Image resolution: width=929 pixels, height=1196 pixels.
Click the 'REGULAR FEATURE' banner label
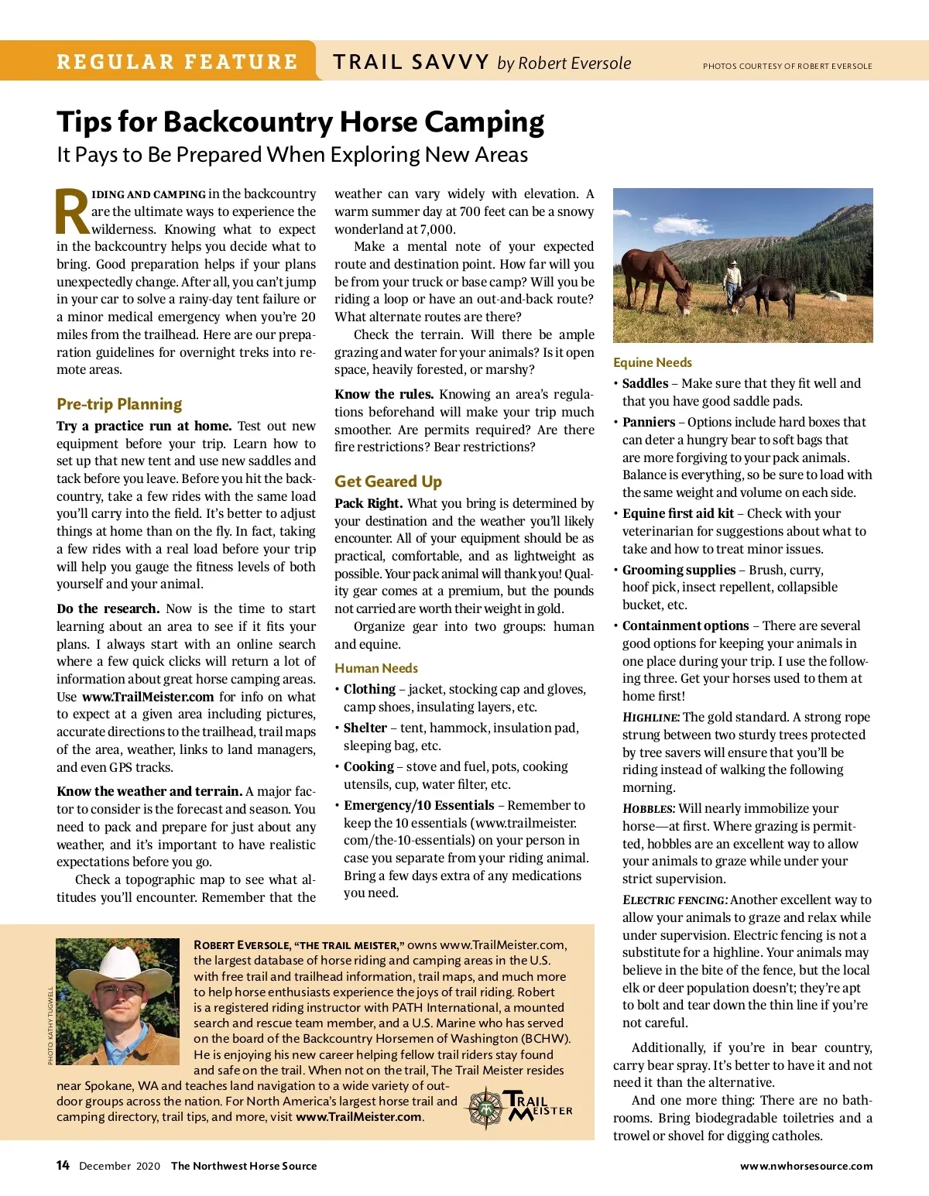(177, 62)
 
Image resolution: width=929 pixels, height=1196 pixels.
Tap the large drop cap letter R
(73, 212)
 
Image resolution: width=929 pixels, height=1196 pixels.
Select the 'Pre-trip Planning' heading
(119, 404)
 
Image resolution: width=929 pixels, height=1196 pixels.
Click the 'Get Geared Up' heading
(388, 481)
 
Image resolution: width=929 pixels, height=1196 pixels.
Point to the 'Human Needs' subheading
(376, 668)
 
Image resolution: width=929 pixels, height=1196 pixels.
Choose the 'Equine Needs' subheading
(653, 362)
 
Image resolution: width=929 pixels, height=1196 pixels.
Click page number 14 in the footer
(63, 1166)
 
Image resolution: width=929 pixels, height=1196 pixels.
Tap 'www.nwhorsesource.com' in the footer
(806, 1166)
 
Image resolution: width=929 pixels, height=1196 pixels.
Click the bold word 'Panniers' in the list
(649, 422)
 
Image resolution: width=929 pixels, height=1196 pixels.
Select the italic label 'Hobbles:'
(649, 808)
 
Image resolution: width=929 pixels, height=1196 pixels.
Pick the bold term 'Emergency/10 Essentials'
(419, 805)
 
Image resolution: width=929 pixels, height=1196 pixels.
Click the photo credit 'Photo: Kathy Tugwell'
(51, 1025)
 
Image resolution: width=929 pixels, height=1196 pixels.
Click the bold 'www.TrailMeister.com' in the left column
(148, 697)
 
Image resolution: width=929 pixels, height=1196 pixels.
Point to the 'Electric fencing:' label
(675, 900)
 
